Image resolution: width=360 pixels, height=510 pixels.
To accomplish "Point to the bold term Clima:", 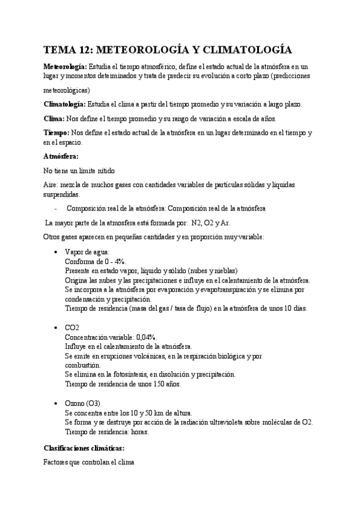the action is (56, 118).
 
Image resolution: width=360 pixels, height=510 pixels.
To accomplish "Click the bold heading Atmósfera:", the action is (62, 156).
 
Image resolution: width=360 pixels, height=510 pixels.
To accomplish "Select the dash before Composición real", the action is (55, 209).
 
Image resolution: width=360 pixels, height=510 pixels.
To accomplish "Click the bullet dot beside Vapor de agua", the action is (56, 253).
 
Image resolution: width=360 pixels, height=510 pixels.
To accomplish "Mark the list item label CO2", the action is (72, 327).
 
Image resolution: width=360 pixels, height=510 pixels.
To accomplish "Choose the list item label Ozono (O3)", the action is (83, 402).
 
